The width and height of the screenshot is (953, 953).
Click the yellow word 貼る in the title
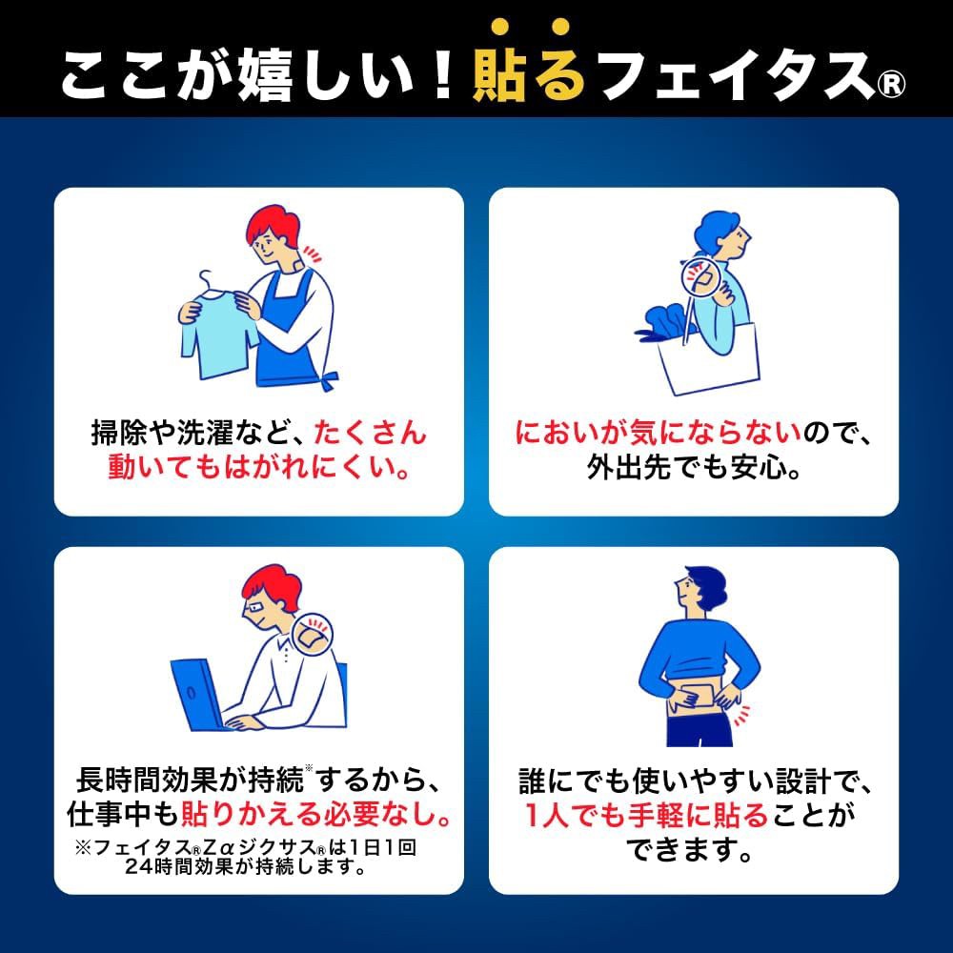[x=528, y=72]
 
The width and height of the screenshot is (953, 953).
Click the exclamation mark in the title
[x=436, y=72]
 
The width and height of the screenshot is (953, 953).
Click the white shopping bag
[x=709, y=356]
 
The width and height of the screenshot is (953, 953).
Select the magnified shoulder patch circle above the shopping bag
[x=703, y=279]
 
